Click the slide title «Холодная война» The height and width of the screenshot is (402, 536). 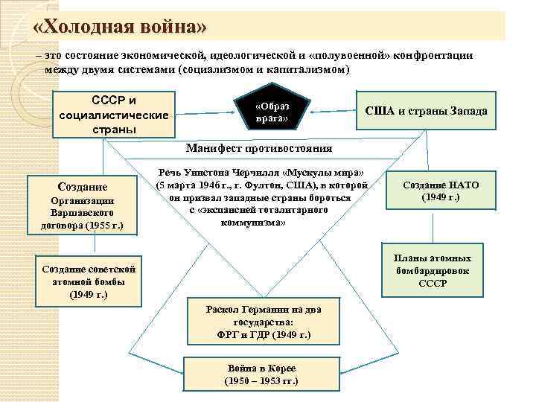[x=119, y=27]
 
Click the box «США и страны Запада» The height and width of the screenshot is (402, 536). [x=427, y=111]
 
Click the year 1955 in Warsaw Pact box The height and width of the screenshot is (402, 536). [x=98, y=224]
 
